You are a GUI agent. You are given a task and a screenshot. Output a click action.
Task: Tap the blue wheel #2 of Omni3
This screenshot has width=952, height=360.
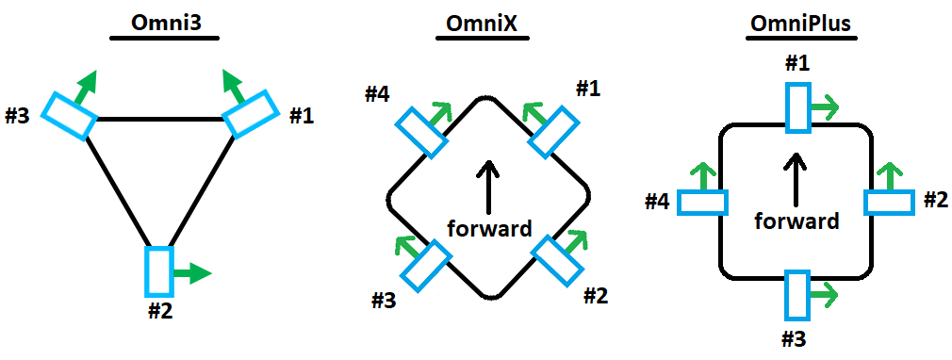click(159, 270)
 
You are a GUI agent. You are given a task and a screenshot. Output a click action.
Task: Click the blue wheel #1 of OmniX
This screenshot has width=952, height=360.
click(552, 133)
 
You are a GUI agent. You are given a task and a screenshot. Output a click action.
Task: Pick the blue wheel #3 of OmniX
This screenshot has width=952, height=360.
click(427, 266)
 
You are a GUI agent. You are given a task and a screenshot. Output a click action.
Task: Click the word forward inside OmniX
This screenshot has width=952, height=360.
click(489, 228)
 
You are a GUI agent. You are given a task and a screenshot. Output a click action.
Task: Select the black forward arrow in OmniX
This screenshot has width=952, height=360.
click(489, 185)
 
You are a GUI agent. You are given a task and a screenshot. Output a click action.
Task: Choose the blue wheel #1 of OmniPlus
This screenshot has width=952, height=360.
click(797, 107)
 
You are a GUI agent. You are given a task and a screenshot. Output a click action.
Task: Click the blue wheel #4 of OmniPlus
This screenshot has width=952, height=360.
click(701, 203)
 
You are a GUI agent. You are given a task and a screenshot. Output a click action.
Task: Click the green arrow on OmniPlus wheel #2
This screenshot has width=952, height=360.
click(890, 176)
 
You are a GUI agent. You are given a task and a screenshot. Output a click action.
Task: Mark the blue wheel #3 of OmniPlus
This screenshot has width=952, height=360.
click(797, 296)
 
